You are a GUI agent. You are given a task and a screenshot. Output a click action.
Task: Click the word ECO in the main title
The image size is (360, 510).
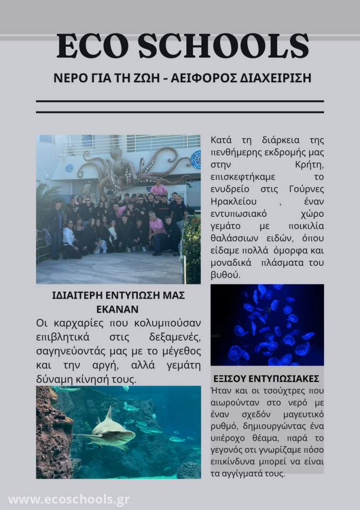tap(91, 46)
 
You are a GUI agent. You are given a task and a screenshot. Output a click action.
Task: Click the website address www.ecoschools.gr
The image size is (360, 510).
tap(69, 500)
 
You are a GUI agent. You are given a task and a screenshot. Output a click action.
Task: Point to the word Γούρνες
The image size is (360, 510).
tap(304, 189)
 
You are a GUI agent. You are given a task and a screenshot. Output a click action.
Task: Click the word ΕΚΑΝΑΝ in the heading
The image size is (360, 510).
tap(118, 308)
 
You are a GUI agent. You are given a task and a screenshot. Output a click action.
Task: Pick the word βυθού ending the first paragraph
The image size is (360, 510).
tap(225, 275)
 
